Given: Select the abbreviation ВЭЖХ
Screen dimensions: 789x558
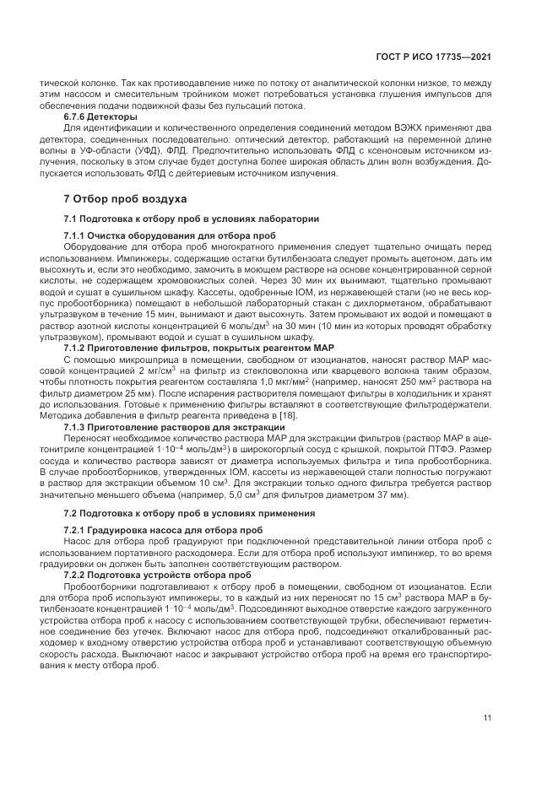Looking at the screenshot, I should pos(389,127).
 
